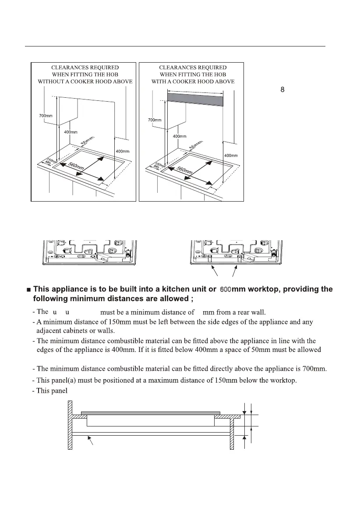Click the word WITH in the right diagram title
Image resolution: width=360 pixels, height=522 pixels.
click(x=159, y=82)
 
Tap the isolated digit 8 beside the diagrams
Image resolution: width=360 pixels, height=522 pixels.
click(x=282, y=89)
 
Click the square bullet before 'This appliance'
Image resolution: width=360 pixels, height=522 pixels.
click(x=28, y=290)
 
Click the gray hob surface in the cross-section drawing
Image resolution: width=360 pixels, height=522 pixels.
click(x=150, y=413)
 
